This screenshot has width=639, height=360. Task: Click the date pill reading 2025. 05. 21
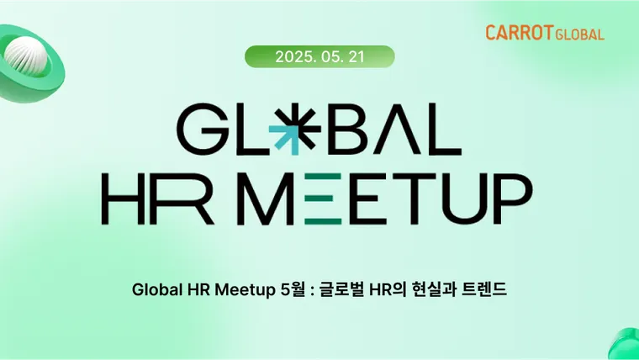point(319,56)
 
